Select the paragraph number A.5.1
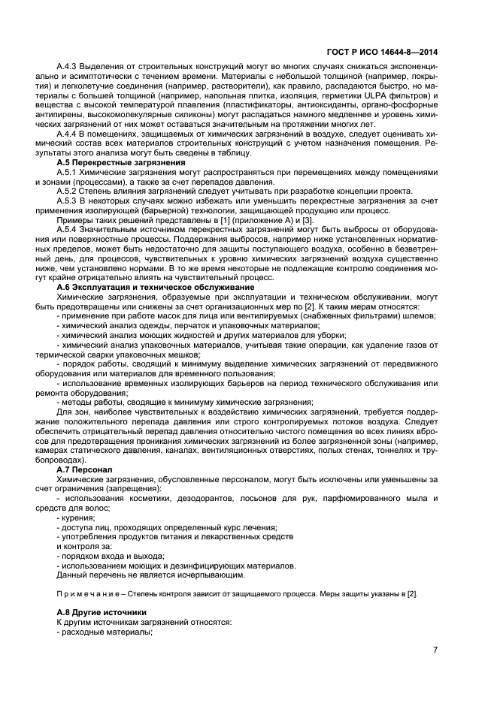pos(69,172)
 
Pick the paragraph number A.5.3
pos(69,201)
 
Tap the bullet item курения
pos(73,517)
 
